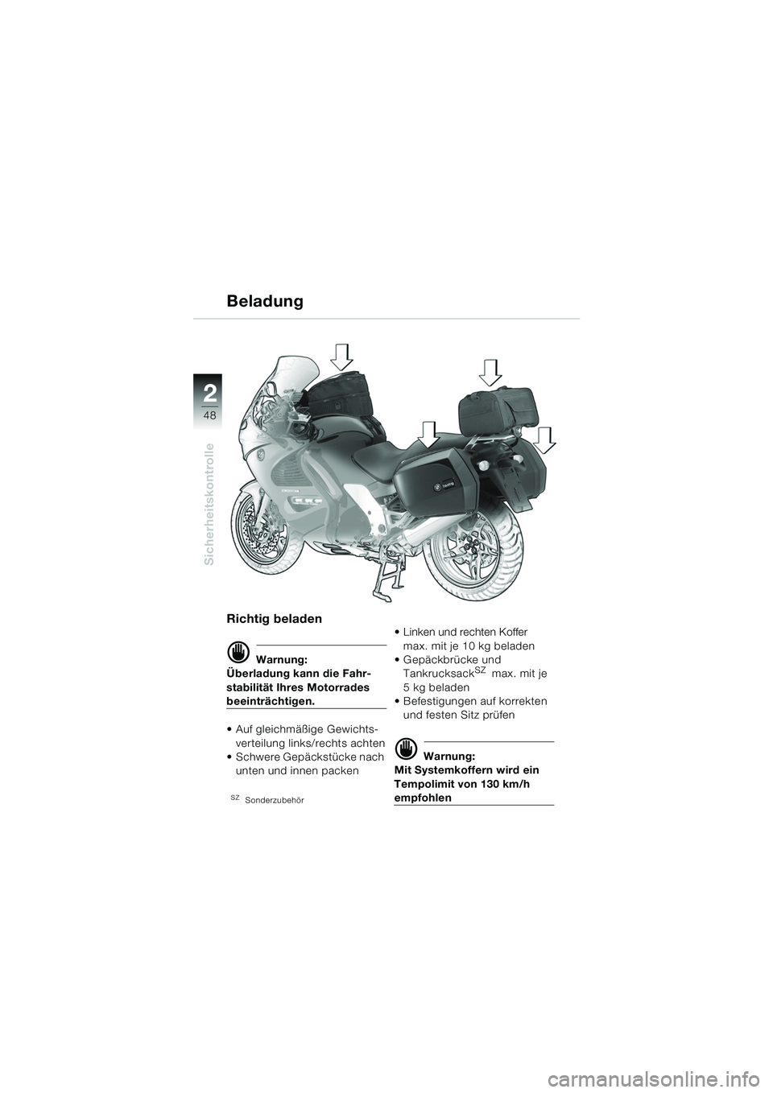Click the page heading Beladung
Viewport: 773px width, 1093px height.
coord(264,301)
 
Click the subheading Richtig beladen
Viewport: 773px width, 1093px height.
coord(275,619)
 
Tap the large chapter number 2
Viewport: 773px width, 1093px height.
coord(210,393)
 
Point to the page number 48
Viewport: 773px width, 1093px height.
coord(210,415)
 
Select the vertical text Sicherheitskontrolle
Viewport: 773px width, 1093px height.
coord(209,504)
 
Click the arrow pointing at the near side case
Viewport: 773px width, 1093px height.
coord(428,435)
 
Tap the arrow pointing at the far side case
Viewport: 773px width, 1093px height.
coord(544,440)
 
